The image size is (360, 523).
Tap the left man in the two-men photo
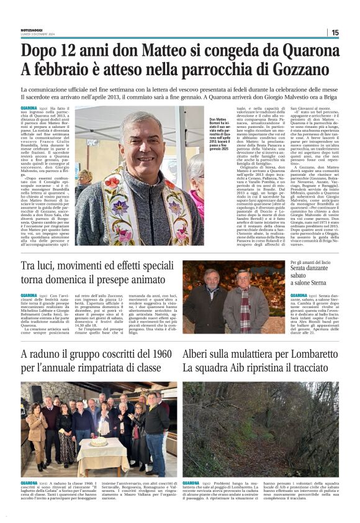pos(214,301)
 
